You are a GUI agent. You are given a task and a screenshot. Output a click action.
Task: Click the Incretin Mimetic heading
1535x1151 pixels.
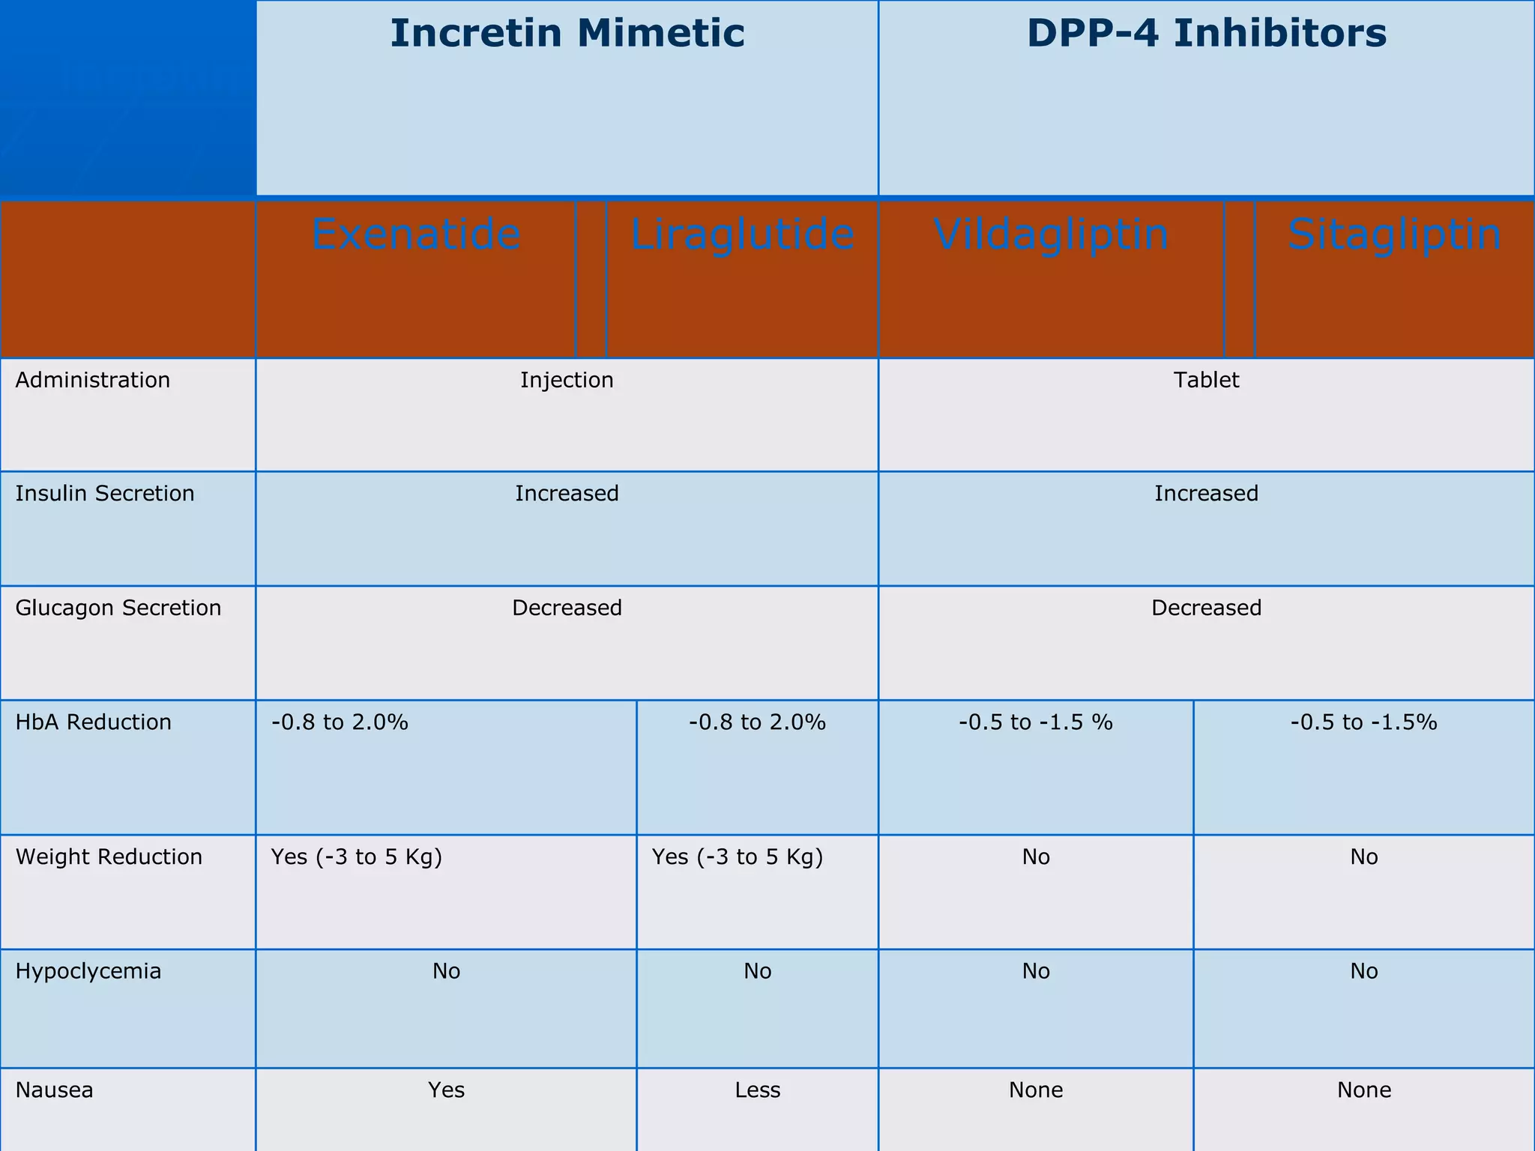point(567,34)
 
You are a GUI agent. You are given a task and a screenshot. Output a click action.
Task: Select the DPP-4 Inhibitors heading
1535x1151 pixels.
point(1206,34)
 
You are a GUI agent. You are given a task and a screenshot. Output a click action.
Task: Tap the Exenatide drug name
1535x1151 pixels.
point(416,234)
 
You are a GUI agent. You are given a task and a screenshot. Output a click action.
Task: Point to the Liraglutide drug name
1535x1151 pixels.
point(742,234)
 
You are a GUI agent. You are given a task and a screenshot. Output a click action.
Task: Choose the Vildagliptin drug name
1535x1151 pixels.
point(1051,234)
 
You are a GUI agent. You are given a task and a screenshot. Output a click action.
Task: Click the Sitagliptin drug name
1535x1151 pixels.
point(1394,234)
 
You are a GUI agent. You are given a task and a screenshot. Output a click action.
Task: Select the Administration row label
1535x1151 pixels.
point(93,380)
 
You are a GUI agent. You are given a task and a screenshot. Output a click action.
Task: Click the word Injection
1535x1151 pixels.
point(567,380)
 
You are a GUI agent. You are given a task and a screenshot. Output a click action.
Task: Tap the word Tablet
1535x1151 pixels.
point(1206,380)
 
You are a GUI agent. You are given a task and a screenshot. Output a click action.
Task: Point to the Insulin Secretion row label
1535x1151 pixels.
point(105,493)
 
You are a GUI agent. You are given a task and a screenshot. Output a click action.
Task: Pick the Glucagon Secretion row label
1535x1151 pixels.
point(118,607)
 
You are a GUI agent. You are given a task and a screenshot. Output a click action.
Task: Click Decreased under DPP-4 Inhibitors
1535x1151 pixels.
point(1206,607)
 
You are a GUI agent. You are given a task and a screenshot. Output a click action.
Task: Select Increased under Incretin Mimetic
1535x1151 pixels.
point(567,493)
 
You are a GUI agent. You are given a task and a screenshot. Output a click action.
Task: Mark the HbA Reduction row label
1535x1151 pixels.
point(94,722)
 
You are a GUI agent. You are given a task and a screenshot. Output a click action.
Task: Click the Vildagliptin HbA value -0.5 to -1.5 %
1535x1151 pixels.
point(1035,722)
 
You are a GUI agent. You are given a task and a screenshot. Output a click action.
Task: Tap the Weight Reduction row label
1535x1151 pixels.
point(109,857)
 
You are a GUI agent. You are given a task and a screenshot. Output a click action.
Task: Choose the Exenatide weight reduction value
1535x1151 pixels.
point(356,857)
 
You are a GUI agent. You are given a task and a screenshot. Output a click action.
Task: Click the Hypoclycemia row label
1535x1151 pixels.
point(88,971)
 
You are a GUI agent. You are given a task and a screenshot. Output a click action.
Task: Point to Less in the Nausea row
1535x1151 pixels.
point(757,1090)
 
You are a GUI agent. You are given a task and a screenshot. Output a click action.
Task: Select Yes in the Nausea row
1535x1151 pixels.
point(446,1090)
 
